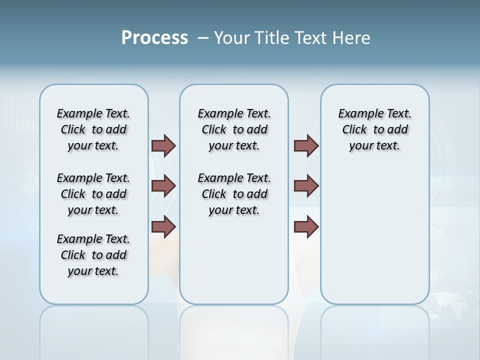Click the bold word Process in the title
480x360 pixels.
pyautogui.click(x=154, y=38)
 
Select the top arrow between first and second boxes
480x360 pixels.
pyautogui.click(x=163, y=145)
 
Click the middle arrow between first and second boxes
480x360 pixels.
pyautogui.click(x=163, y=186)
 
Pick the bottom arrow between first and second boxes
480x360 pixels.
pyautogui.click(x=163, y=226)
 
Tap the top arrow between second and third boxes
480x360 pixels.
pyautogui.click(x=306, y=145)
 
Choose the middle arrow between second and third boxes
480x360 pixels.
pyautogui.click(x=306, y=186)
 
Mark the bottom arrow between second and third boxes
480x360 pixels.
pyautogui.click(x=306, y=226)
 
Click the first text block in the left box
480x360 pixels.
pyautogui.click(x=93, y=129)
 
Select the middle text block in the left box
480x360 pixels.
pyautogui.click(x=93, y=194)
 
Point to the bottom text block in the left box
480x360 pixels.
pyautogui.click(x=93, y=255)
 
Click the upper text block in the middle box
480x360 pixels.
pyautogui.click(x=234, y=129)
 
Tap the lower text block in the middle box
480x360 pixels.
pyautogui.click(x=234, y=194)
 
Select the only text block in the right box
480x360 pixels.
pyautogui.click(x=374, y=129)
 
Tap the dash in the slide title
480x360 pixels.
pyautogui.click(x=203, y=38)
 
